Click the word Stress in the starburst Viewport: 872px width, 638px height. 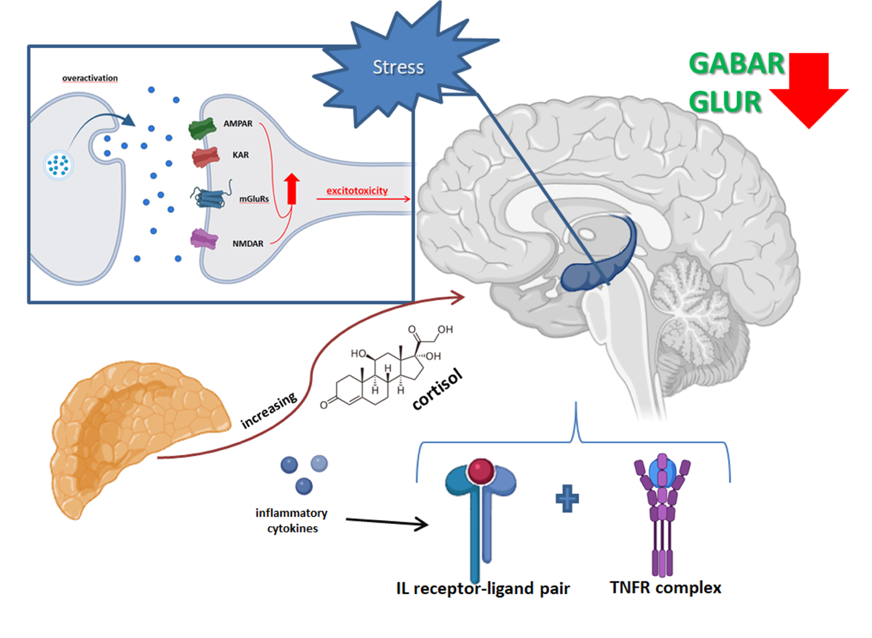pyautogui.click(x=398, y=67)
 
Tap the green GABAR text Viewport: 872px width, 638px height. pyautogui.click(x=736, y=64)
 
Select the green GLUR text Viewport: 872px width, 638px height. pyautogui.click(x=725, y=102)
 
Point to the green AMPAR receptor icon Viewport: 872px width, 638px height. pyautogui.click(x=202, y=128)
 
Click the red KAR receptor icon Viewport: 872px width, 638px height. pyautogui.click(x=205, y=157)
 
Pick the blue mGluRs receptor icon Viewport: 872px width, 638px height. pyautogui.click(x=210, y=197)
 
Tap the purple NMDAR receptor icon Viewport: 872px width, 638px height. pyautogui.click(x=204, y=239)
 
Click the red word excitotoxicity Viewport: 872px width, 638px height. pyautogui.click(x=357, y=191)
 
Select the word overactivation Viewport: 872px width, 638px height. pyautogui.click(x=90, y=78)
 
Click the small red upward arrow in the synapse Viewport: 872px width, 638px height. pyautogui.click(x=292, y=189)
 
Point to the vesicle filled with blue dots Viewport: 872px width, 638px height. pyautogui.click(x=59, y=165)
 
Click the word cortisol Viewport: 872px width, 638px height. pyautogui.click(x=437, y=390)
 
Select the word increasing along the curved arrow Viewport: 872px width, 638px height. pyautogui.click(x=269, y=410)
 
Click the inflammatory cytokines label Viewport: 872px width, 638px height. pyautogui.click(x=292, y=521)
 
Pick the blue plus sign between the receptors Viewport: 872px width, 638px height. pyautogui.click(x=567, y=498)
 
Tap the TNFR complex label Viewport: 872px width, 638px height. pyautogui.click(x=666, y=588)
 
